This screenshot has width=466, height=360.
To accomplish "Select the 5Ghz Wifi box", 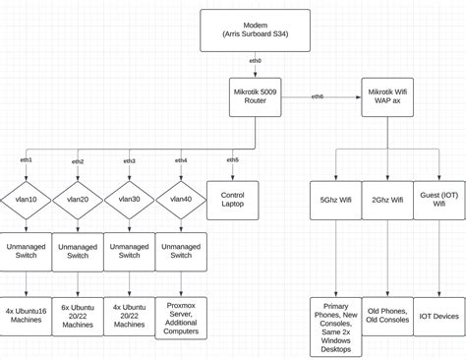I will click(x=335, y=200).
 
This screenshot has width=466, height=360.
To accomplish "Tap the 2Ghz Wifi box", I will click(x=387, y=200).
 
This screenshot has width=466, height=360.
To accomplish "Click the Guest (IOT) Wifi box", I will click(x=438, y=200).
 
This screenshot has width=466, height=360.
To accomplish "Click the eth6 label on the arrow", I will click(x=318, y=96).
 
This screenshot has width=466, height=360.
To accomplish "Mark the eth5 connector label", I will click(x=232, y=159).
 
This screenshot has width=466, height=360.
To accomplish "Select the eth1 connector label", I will click(x=27, y=159).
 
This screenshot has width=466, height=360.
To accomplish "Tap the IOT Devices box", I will click(x=438, y=316).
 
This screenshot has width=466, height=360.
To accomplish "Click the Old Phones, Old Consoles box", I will click(x=387, y=316).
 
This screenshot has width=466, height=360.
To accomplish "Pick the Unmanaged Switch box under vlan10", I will click(x=26, y=251).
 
